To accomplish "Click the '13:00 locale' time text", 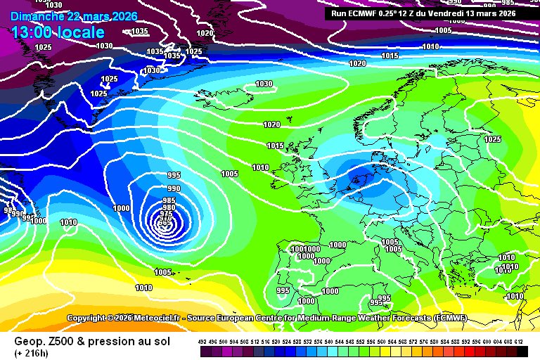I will point(58,32).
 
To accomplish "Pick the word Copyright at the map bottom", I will point(90,319).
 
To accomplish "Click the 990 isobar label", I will point(174,189).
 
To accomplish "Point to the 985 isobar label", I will point(169,200).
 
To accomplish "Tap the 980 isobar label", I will point(169,207).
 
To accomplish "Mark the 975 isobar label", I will point(166,214).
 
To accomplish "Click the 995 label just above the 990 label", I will point(174,175).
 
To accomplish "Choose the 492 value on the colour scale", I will point(202,342).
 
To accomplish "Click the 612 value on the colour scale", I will point(519,342).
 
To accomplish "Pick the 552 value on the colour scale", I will point(361,342).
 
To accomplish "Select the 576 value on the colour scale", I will point(424,342).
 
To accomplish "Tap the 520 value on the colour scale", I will point(276,342).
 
